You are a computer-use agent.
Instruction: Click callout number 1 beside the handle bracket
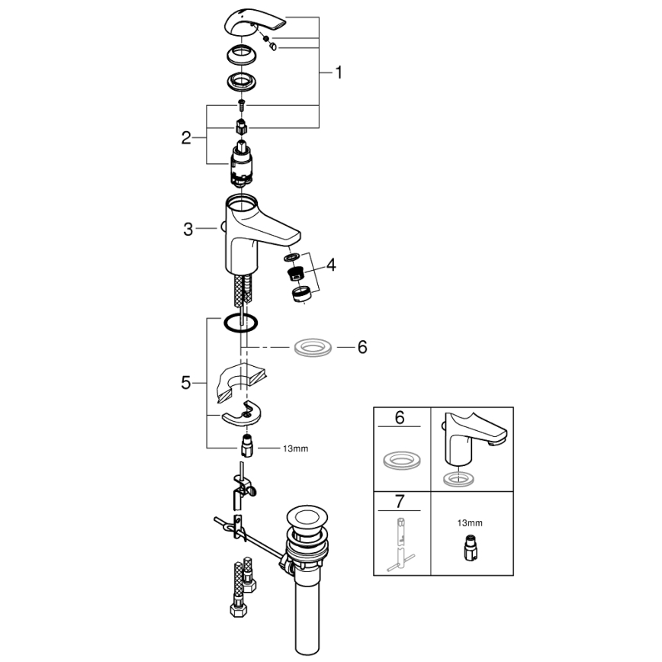coord(339,73)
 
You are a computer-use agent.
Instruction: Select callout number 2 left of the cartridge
coord(186,138)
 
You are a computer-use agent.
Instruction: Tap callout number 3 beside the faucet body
coord(188,229)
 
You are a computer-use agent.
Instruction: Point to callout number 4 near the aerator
coord(331,265)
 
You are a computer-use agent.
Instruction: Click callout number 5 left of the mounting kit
coord(186,384)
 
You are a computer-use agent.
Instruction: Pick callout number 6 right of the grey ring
coord(362,347)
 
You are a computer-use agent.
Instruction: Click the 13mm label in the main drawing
coord(296,449)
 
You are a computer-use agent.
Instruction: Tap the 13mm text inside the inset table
coord(471,524)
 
